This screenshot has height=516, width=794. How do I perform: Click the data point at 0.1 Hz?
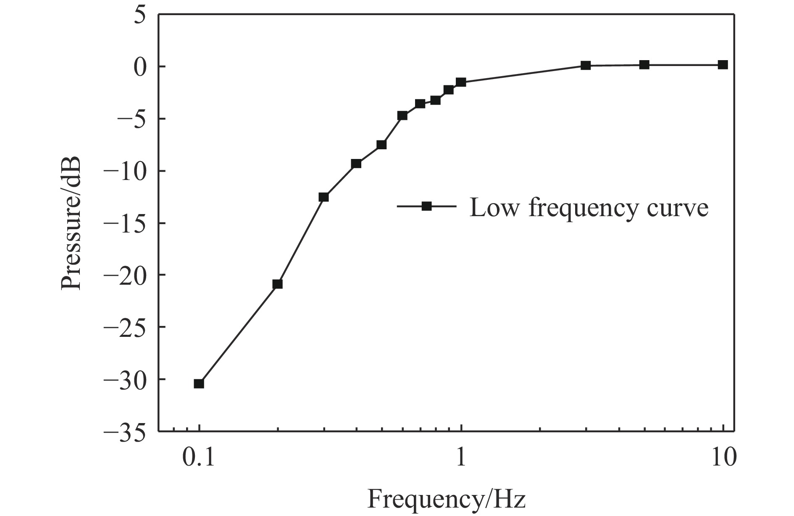point(199,384)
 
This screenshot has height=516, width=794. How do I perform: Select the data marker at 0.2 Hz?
point(277,284)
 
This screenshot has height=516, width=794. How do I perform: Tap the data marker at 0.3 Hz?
point(323,197)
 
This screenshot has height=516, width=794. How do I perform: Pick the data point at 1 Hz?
point(461,82)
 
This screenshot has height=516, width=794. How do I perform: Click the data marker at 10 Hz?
point(723,65)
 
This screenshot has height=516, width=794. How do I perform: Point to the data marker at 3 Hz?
point(586,66)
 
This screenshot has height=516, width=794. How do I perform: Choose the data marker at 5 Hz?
point(644,65)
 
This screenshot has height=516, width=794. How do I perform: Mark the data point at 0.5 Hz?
point(381,145)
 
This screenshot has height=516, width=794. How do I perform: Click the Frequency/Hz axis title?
point(446,499)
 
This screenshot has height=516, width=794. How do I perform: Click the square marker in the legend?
point(426,206)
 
